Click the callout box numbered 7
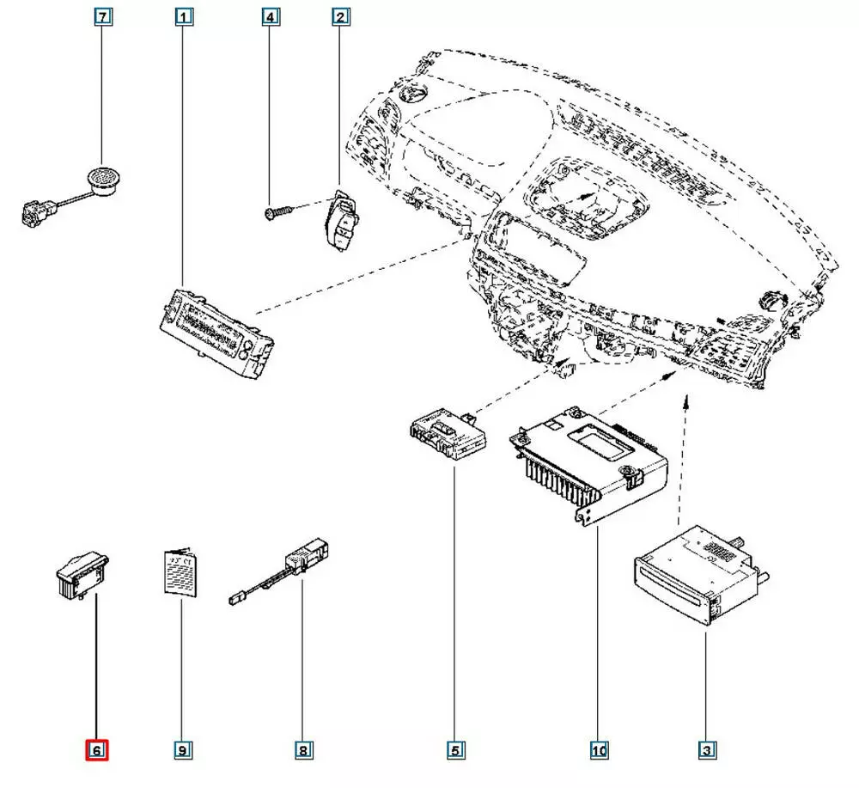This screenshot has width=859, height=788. pos(102,16)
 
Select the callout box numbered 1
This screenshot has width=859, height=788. pos(183,16)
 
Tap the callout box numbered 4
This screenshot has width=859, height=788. pos(270,16)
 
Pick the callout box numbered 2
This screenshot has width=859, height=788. pos(341,16)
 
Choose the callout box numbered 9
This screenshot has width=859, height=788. pos(182,750)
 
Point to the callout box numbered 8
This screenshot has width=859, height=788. pos(302,750)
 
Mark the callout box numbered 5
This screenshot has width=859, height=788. pos(455,750)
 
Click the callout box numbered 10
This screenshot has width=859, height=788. pos(598,750)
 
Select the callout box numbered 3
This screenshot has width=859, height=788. pos(706,750)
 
